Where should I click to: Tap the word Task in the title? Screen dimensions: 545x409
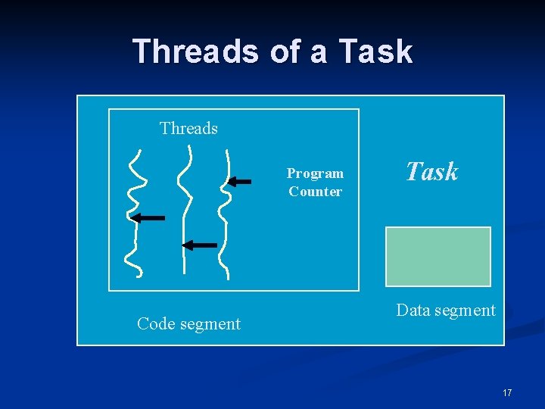point(376,52)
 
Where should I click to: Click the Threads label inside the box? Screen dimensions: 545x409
point(188,129)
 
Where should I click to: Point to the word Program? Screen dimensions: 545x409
point(315,173)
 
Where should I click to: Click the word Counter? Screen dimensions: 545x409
point(315,192)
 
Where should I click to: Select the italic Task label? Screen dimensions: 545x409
point(432,172)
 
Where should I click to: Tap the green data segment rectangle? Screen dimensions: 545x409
point(438,256)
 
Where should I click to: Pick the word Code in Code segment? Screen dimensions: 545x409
point(155,324)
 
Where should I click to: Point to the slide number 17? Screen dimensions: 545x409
point(507,392)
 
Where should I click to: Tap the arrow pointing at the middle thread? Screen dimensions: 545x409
point(200,245)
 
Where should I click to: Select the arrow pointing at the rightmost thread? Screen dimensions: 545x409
point(240,181)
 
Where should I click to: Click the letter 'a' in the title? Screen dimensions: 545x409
point(317,52)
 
